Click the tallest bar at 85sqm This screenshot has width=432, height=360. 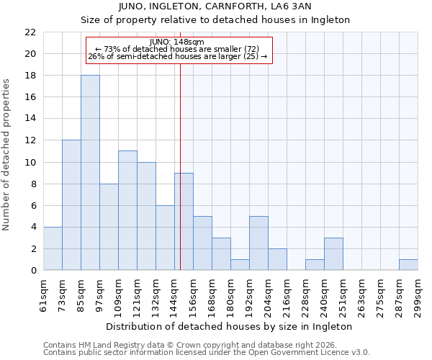[90, 173]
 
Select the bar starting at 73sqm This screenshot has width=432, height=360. [71, 205]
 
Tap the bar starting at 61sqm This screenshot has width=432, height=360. [53, 248]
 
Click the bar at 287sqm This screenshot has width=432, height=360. [408, 264]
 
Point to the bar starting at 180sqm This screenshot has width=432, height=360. [240, 264]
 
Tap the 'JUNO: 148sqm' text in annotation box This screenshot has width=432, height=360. [177, 42]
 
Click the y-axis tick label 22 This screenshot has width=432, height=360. [30, 32]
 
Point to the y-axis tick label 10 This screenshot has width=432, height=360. [30, 162]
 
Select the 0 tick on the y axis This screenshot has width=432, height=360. [33, 270]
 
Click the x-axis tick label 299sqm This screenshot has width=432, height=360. [418, 295]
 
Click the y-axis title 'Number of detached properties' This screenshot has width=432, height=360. [7, 155]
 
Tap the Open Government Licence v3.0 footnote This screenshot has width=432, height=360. [206, 353]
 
